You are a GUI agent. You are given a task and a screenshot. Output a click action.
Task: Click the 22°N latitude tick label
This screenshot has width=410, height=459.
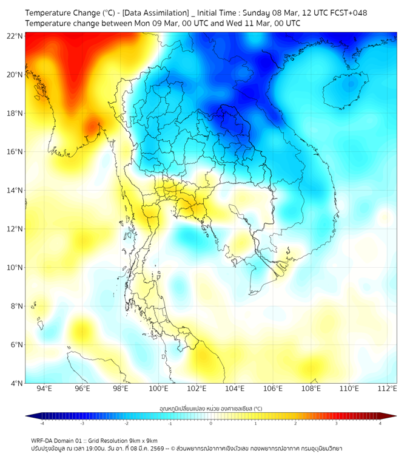point(15,36)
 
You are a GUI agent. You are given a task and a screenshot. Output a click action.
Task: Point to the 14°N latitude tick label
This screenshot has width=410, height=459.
point(15,190)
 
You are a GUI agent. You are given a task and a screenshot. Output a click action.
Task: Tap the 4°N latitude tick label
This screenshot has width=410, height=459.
point(16,383)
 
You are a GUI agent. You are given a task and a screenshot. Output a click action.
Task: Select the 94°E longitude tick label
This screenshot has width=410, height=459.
point(44,389)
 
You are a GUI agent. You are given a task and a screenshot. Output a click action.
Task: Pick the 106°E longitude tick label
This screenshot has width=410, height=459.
point(273,389)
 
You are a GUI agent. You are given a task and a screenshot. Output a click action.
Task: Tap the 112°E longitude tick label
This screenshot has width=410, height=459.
point(387,389)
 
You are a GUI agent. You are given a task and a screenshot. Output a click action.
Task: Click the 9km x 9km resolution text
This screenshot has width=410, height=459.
point(142,440)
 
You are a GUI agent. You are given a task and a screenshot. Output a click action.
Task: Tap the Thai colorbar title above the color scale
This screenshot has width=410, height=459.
point(211,408)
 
